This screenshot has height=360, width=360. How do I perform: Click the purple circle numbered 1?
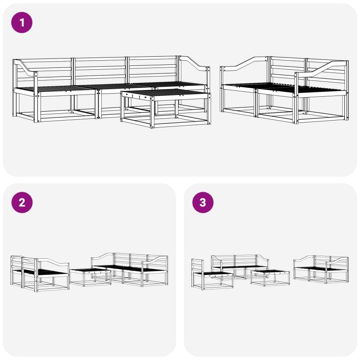click(22, 22)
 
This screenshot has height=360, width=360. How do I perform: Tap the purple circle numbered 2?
click(22, 202)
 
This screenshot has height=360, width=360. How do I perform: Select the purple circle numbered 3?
click(203, 202)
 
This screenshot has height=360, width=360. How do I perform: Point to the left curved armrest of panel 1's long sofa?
click(25, 68)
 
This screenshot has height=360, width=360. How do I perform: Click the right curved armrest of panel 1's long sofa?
click(195, 63)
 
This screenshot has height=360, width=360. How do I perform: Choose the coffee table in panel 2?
click(90, 277)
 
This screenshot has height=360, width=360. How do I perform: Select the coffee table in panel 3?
click(270, 278)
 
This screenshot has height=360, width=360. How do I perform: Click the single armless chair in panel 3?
click(211, 274)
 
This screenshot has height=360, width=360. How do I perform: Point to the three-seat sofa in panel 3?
click(240, 266)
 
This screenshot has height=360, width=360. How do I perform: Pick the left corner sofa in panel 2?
click(40, 274)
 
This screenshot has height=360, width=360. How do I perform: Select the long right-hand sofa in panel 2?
click(130, 270)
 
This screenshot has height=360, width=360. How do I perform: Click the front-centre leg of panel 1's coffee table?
click(153, 112)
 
